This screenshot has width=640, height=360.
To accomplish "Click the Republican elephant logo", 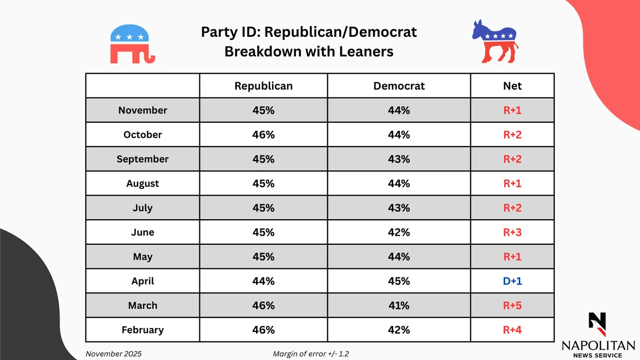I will [132, 44].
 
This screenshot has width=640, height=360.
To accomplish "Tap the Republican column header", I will [263, 86].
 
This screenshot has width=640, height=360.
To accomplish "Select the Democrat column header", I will [399, 86].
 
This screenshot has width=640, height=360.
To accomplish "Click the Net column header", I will [513, 86].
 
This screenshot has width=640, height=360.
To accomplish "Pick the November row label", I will [142, 110].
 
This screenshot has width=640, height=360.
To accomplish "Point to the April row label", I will [142, 281].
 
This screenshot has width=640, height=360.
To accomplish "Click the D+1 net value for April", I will [513, 281].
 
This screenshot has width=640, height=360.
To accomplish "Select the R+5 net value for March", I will [513, 306].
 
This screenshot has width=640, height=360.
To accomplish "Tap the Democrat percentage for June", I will [399, 232].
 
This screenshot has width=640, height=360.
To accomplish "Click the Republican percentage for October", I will [263, 135].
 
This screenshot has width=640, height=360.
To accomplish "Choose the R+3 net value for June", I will [513, 232].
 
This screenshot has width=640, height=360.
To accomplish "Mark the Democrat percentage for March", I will [399, 306].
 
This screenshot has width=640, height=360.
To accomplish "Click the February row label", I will [142, 330].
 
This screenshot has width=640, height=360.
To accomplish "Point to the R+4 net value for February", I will [513, 330].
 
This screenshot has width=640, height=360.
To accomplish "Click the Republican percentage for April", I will [263, 281].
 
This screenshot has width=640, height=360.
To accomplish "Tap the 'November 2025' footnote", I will [114, 354].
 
